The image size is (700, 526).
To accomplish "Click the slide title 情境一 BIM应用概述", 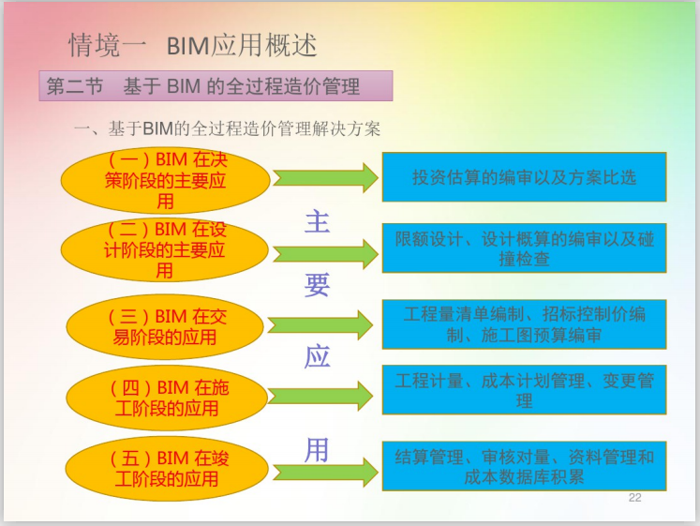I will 193,44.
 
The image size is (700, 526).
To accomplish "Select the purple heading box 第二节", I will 215,86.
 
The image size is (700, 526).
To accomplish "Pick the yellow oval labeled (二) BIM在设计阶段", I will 165,249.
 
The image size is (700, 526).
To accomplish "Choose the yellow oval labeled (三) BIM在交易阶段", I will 165,326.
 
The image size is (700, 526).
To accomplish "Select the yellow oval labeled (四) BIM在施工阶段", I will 165,397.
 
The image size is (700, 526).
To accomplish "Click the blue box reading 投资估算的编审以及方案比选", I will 524,176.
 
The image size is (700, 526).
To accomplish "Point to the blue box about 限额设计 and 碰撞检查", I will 524,248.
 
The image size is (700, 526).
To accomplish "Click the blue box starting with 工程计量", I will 524,389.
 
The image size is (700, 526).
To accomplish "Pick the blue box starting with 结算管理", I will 524,466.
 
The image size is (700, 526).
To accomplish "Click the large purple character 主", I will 317,222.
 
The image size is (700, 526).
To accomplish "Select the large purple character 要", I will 317,284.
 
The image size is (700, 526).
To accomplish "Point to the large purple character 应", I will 317,358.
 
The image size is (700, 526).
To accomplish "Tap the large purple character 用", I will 317,449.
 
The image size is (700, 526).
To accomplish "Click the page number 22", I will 634,497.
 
